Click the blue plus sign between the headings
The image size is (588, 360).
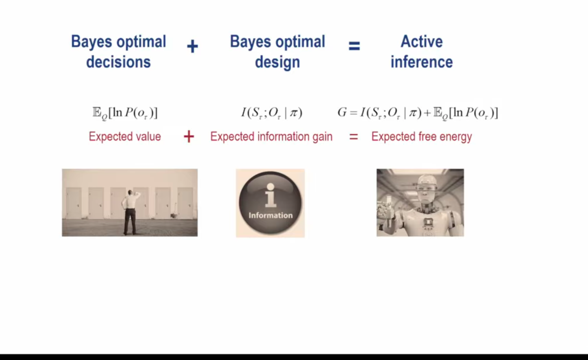tap(192, 47)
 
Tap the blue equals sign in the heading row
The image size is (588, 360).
tap(354, 46)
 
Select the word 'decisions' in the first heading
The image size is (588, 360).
tap(118, 62)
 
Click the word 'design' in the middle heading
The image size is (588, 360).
tap(277, 63)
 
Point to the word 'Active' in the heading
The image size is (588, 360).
tap(422, 42)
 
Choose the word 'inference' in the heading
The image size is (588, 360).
tap(422, 62)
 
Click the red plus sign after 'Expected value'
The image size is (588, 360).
tap(189, 137)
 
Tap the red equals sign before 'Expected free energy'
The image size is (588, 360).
tap(354, 137)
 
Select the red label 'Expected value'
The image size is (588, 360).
tap(125, 137)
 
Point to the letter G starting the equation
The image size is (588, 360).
tap(342, 112)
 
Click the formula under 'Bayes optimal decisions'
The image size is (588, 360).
tap(125, 113)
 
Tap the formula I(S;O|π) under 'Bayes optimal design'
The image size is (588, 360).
tap(272, 113)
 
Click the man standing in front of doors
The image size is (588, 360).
tap(130, 212)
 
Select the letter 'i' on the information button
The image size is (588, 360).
tap(270, 195)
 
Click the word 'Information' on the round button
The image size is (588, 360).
tap(270, 215)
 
